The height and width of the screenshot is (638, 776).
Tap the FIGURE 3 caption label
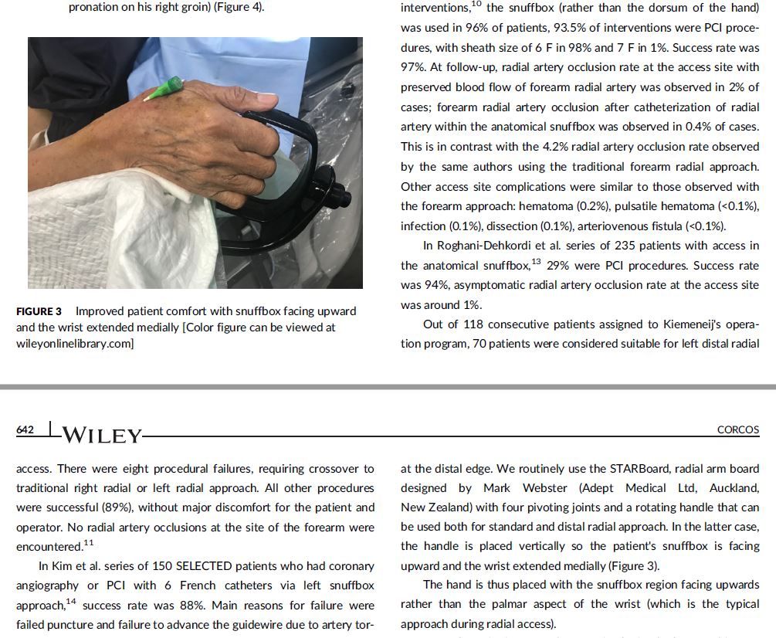coord(39,311)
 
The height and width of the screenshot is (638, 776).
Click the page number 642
coord(25,429)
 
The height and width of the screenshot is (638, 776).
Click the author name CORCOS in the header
coord(738,429)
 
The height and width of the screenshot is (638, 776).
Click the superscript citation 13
coord(537,261)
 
